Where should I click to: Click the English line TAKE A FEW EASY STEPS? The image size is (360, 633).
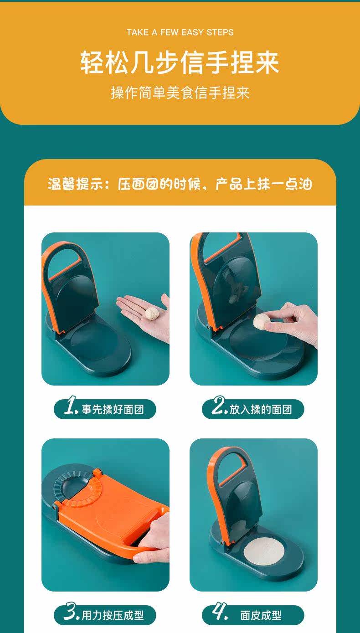(x=180, y=32)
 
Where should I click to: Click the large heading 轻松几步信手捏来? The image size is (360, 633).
(x=180, y=62)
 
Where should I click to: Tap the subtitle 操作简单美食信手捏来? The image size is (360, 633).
(x=180, y=93)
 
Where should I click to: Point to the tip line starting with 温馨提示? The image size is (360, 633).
(x=180, y=184)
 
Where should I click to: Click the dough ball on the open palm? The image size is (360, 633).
(x=152, y=314)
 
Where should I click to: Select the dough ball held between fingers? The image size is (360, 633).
(x=262, y=322)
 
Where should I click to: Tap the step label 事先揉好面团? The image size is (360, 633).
(x=113, y=410)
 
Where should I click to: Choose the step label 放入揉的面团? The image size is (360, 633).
(x=261, y=410)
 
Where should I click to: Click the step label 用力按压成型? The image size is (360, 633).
(x=113, y=615)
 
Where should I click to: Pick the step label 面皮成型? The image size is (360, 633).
(x=261, y=615)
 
